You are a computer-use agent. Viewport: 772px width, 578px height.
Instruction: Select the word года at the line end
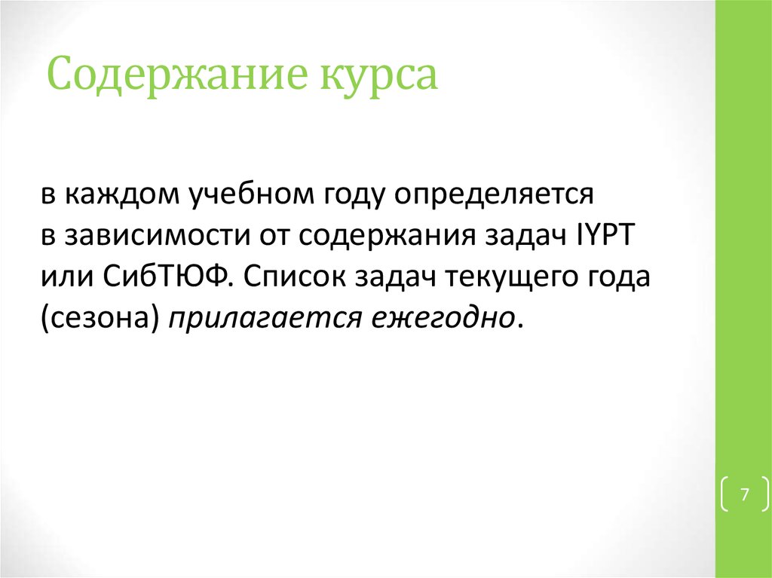(617, 277)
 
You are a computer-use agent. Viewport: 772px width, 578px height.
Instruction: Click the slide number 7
(745, 495)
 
